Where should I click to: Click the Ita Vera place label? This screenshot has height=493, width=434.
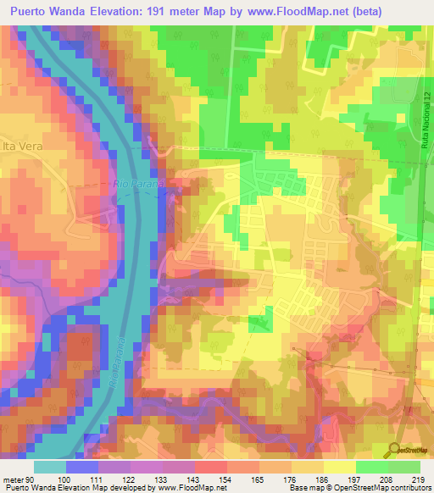tap(21, 145)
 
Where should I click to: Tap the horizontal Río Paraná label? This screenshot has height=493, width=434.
tap(131, 183)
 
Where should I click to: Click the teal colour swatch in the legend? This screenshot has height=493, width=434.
tap(49, 467)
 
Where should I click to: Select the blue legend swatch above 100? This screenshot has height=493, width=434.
tap(81, 467)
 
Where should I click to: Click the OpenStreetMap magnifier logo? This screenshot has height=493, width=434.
tap(396, 451)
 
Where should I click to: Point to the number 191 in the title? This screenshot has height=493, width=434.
tap(166, 11)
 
